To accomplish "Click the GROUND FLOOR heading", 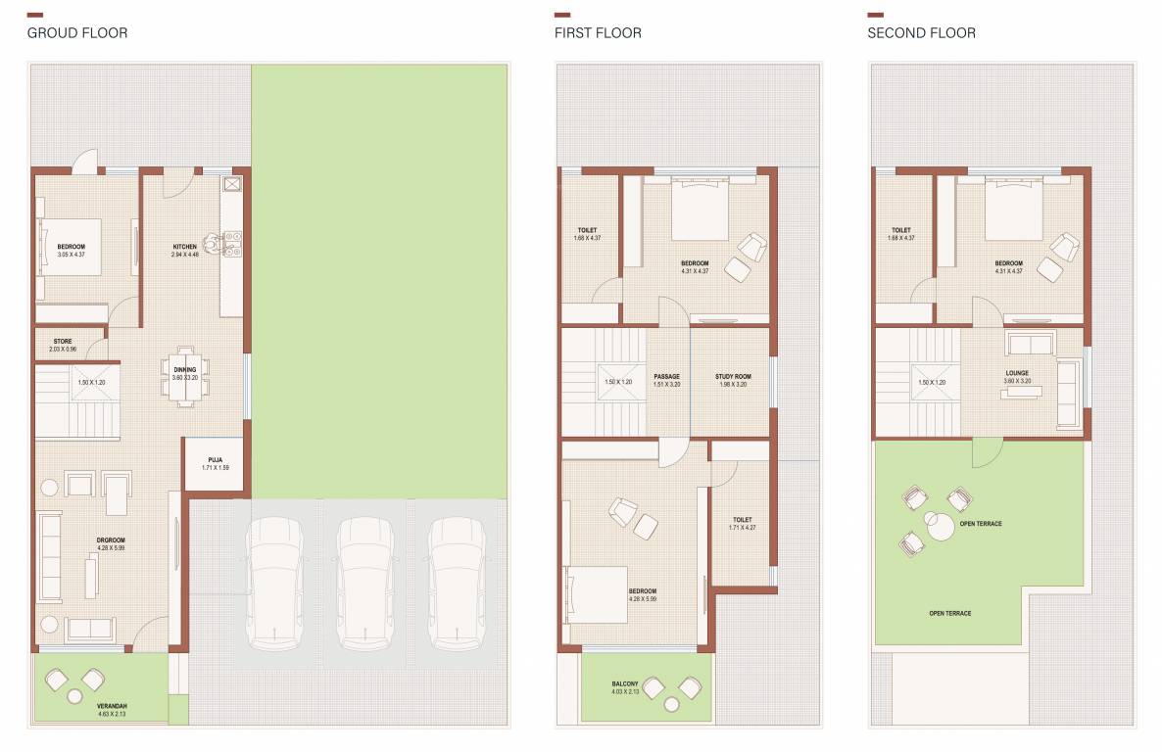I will (x=76, y=33).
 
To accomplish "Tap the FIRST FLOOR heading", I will (x=598, y=33).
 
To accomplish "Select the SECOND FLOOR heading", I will (x=921, y=33).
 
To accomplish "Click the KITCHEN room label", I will (x=184, y=247).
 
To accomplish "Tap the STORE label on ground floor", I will (x=63, y=342).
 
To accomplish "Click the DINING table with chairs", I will (x=185, y=376).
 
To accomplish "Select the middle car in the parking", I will (x=364, y=584).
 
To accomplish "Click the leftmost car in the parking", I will (x=274, y=584).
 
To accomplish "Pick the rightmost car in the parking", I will (x=456, y=584).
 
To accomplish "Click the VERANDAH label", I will (x=111, y=706).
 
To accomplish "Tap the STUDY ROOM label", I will (x=733, y=376).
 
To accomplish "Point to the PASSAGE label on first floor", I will (x=666, y=376).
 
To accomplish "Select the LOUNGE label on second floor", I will (x=1016, y=373).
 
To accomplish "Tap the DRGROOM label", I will (x=111, y=540).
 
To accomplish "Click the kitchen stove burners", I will (x=232, y=243).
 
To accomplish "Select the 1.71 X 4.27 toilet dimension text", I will (x=742, y=529).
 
